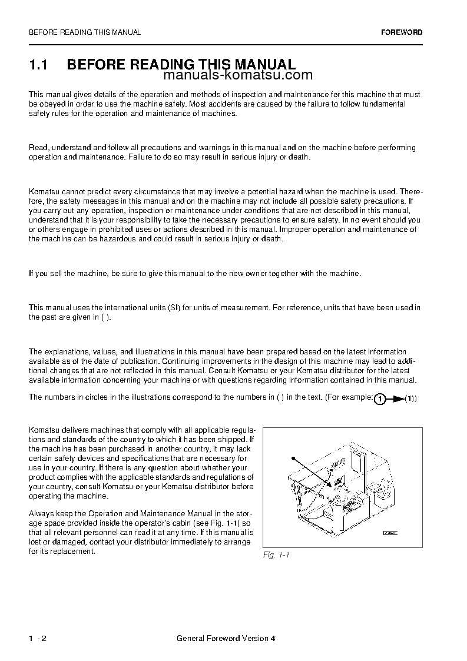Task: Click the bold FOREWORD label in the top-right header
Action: pos(401,32)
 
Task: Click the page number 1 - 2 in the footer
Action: pos(37,639)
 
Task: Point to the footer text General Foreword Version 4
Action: pos(226,639)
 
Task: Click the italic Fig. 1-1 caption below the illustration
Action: pos(276,555)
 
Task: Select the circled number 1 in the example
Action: pos(380,399)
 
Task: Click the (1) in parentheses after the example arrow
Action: pos(410,399)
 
